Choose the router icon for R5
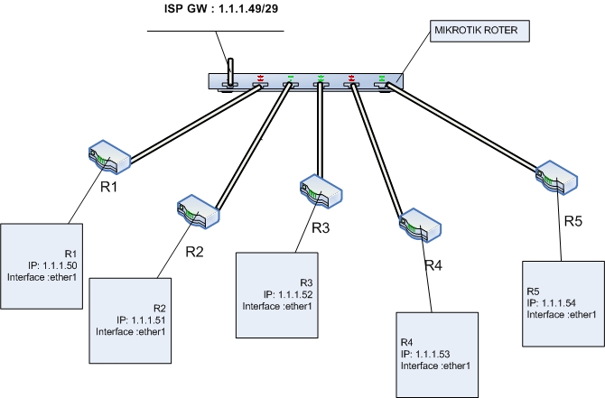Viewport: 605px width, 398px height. (x=554, y=177)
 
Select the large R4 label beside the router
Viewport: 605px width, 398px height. (x=435, y=265)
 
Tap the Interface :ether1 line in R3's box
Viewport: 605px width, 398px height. (x=277, y=306)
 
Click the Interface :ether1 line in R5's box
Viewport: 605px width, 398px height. (x=562, y=314)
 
